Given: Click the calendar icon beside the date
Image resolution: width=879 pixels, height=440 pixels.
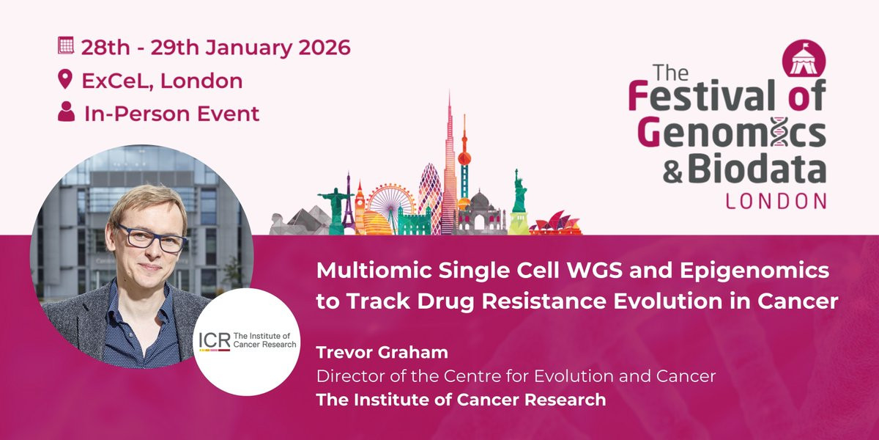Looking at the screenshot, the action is (x=65, y=45).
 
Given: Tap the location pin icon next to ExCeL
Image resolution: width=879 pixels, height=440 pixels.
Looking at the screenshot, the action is (x=65, y=79).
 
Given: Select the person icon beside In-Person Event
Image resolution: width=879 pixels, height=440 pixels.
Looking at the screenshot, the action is (x=67, y=111).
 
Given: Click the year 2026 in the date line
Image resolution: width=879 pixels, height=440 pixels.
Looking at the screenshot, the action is (x=324, y=47).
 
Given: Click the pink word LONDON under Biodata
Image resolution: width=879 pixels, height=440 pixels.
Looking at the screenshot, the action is (x=776, y=202).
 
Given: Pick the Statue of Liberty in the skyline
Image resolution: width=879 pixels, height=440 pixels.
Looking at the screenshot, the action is (x=519, y=202).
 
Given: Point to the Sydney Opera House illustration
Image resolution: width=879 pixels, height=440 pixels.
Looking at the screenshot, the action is (x=555, y=224).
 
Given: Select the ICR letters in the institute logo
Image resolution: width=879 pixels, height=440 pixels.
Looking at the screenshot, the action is (x=214, y=340).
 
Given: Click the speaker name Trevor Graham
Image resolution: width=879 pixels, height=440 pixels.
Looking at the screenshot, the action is (x=382, y=353).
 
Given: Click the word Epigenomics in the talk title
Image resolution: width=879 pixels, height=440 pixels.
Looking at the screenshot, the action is (x=754, y=271).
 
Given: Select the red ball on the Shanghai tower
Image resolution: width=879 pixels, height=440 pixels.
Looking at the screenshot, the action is (x=464, y=158).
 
